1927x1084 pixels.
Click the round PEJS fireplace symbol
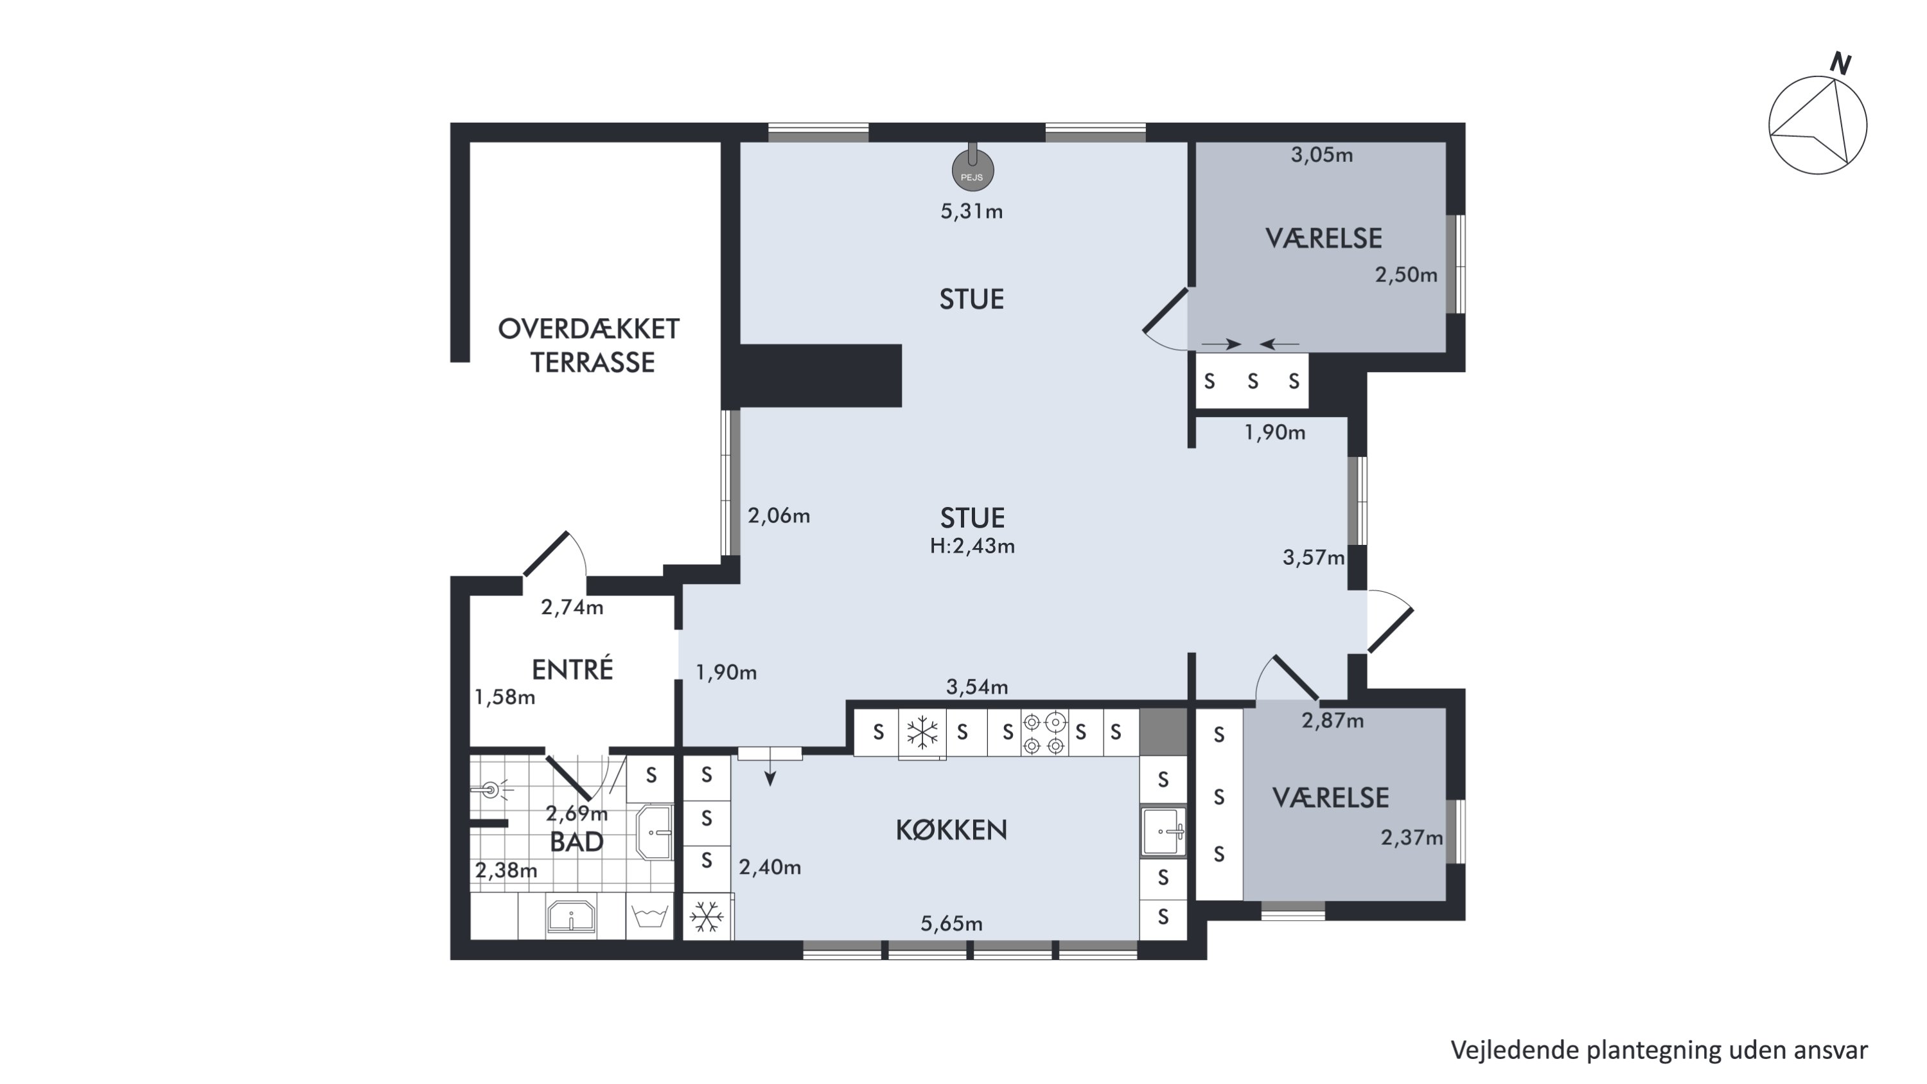point(972,172)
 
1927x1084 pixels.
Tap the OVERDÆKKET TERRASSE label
point(589,345)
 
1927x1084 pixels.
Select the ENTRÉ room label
point(572,670)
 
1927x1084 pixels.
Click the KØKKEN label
point(951,830)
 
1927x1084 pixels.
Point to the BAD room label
point(576,842)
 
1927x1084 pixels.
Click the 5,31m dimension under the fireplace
point(972,211)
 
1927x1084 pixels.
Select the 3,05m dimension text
point(1322,155)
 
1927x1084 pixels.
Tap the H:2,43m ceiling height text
point(972,546)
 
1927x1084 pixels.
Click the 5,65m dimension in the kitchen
point(951,924)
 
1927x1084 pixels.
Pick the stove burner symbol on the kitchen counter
point(1044,733)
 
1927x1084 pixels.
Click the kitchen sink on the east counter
point(1163,830)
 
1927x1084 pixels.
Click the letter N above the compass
point(1840,64)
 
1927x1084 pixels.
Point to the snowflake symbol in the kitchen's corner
point(707,916)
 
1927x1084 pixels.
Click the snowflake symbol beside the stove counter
point(922,733)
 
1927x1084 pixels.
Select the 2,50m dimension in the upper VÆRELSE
point(1406,275)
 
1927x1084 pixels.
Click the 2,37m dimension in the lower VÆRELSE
point(1412,838)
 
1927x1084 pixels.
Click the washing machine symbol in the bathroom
point(649,916)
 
